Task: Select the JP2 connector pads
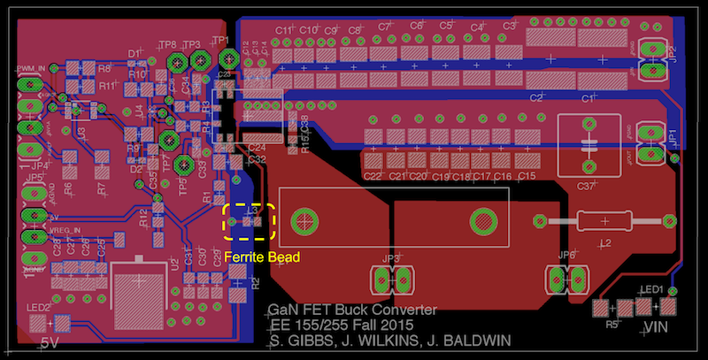656,52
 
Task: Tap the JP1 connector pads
656,142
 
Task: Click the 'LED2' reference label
39,308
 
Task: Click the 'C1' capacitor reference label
587,99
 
